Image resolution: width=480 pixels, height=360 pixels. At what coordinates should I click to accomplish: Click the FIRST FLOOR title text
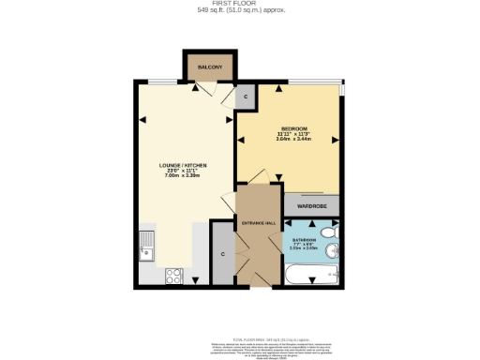[240, 4]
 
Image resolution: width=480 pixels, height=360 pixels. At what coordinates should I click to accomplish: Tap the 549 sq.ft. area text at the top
[240, 10]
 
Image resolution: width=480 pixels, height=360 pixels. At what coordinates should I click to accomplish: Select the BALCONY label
[209, 68]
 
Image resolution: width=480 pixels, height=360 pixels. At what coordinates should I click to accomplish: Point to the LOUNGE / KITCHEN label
[183, 166]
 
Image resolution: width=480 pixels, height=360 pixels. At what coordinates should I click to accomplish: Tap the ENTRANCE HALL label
[258, 223]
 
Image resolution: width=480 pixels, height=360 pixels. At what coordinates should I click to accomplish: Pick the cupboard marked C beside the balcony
[246, 97]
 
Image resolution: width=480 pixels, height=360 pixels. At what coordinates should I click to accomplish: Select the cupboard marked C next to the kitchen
[223, 253]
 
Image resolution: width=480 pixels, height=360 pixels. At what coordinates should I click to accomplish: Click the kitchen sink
[147, 246]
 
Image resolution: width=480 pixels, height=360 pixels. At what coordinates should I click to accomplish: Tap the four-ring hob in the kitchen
[173, 276]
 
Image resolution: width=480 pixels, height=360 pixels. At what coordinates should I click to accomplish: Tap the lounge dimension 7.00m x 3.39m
[183, 177]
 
